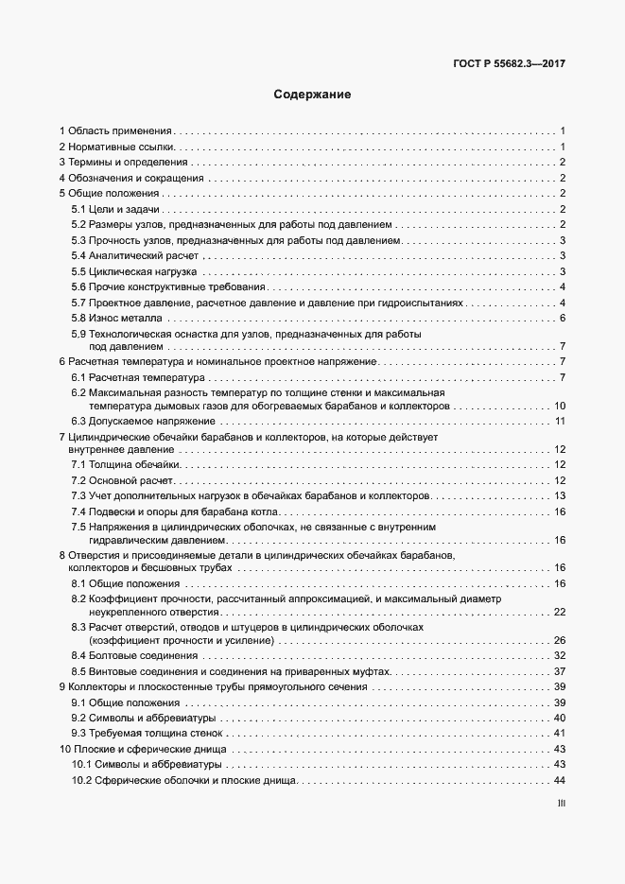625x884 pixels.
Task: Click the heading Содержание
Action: tap(312, 95)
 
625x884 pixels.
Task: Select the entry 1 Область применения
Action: tap(115, 130)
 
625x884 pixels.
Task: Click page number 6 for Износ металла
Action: tap(562, 318)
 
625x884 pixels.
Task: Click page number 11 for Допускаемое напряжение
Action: tap(560, 421)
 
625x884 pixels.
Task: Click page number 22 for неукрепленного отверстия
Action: tap(559, 613)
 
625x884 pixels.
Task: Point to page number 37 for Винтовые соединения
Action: tap(559, 671)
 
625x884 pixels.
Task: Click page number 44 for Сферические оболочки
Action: tap(559, 780)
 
